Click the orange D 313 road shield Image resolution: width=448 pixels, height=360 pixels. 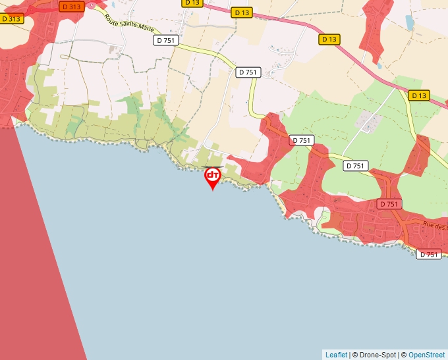click(x=70, y=7)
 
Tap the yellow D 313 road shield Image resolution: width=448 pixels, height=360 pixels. click(x=12, y=19)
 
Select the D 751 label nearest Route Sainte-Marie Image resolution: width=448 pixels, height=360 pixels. click(x=165, y=40)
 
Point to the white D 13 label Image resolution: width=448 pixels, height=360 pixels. click(x=192, y=3)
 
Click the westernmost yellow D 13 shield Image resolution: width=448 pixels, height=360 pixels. click(x=242, y=13)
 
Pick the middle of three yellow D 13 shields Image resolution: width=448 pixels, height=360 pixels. click(x=329, y=39)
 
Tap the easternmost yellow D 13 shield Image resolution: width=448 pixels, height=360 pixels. click(x=418, y=95)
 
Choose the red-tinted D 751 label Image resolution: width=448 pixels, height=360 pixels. click(x=389, y=204)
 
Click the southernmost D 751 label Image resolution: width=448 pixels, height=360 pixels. click(x=428, y=254)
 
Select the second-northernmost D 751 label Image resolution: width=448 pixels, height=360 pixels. click(x=248, y=72)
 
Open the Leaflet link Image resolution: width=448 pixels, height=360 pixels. click(x=336, y=355)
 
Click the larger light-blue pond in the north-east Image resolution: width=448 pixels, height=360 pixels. click(x=410, y=24)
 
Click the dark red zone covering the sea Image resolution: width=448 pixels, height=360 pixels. click(x=40, y=250)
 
